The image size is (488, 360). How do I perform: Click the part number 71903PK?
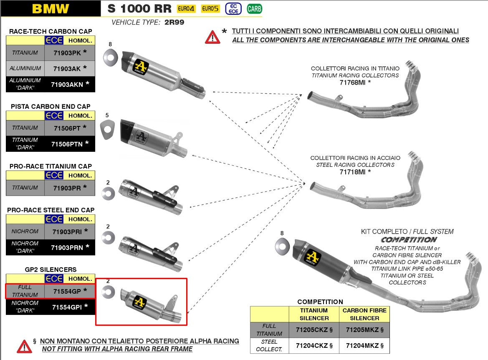click(x=67, y=53)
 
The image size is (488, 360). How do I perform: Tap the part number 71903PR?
click(x=67, y=188)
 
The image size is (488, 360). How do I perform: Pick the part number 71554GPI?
click(x=67, y=307)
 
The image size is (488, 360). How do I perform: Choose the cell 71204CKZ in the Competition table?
click(x=314, y=345)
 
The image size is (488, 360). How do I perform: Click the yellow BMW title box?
click(x=50, y=8)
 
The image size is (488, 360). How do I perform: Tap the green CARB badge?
click(x=255, y=8)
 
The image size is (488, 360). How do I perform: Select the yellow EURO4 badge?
click(x=186, y=8)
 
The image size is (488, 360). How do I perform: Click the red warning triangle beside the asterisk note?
click(x=212, y=37)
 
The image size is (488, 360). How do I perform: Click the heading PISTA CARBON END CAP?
click(x=51, y=106)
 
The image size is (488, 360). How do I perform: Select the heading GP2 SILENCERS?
click(x=51, y=270)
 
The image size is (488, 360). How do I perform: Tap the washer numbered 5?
click(x=107, y=127)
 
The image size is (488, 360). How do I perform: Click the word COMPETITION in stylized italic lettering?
click(x=409, y=240)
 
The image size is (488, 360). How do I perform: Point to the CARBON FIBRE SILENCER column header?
click(x=364, y=314)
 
